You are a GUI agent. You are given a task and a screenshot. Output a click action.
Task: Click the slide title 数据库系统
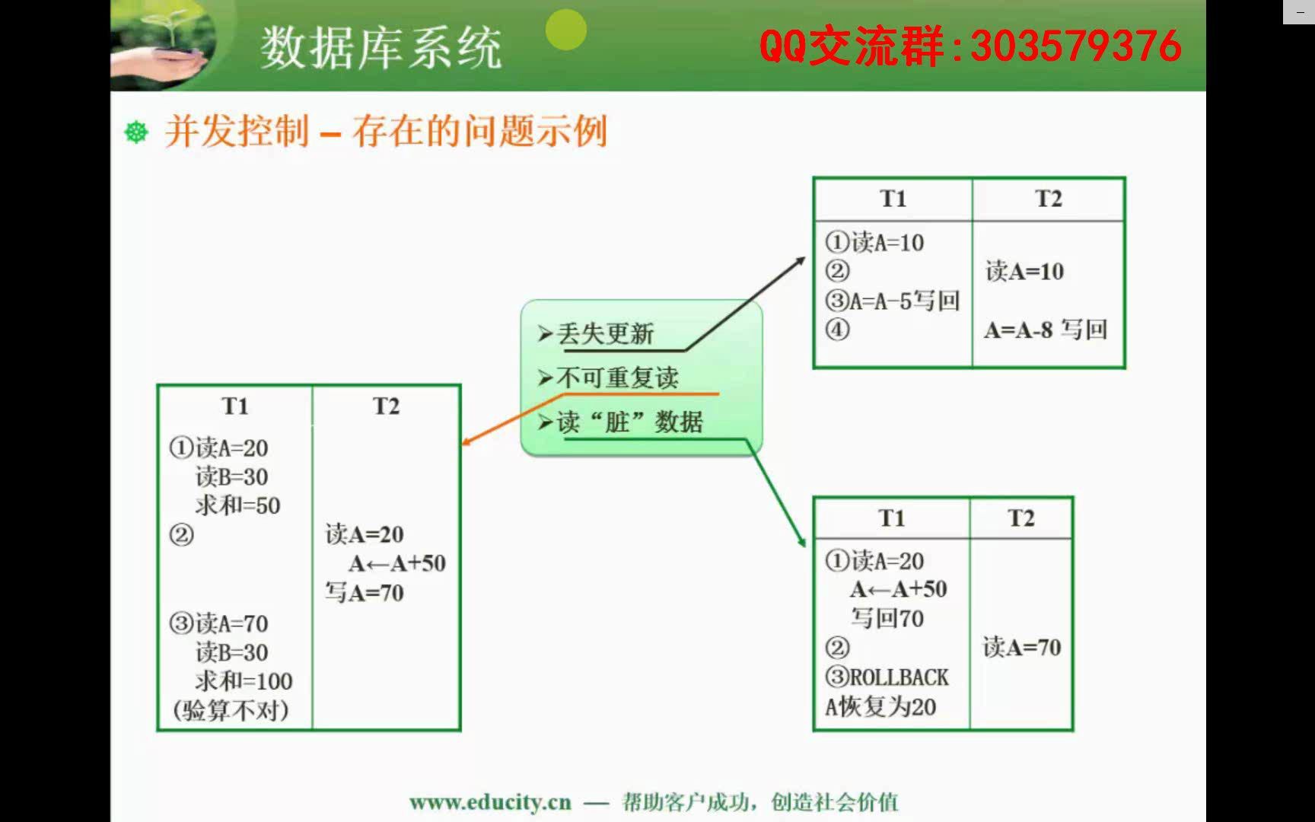tap(381, 47)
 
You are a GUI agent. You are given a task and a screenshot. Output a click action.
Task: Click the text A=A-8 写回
tap(1046, 330)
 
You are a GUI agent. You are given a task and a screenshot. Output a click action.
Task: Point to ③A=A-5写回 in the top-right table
tap(892, 301)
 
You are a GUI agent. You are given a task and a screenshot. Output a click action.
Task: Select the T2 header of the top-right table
tap(1048, 199)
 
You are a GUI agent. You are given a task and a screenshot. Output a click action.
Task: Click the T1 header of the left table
tap(235, 406)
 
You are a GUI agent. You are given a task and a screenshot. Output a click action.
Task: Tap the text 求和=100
tap(244, 681)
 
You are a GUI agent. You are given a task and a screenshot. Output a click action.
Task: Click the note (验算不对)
tap(231, 710)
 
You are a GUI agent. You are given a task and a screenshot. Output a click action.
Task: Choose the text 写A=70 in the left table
tap(365, 592)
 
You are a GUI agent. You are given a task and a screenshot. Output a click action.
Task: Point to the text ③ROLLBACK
tap(887, 677)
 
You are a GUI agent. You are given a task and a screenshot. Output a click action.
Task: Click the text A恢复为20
tap(880, 706)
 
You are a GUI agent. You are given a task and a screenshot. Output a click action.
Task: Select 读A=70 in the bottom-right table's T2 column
tap(1021, 647)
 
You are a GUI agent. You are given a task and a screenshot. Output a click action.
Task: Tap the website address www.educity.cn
tap(490, 801)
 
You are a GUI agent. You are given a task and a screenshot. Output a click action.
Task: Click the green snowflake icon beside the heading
tap(136, 132)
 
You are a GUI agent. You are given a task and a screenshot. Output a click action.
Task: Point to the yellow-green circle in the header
tap(566, 30)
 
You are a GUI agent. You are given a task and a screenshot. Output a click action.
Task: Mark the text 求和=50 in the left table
tap(237, 505)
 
